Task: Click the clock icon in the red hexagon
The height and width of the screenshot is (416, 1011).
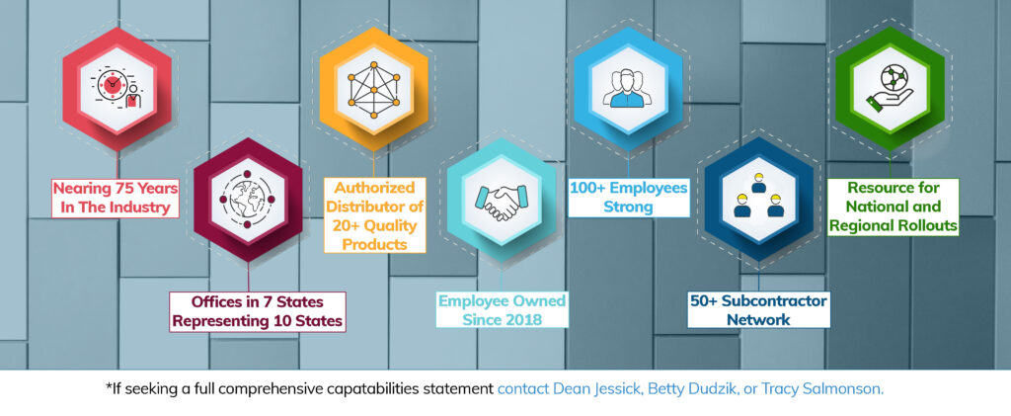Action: (112, 85)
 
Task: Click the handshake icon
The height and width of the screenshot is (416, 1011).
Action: (501, 201)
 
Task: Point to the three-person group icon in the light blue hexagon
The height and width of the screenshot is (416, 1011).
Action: (624, 88)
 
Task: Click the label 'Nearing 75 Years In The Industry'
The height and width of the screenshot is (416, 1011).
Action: (116, 198)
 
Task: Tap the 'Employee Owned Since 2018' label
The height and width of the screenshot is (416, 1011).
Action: (502, 309)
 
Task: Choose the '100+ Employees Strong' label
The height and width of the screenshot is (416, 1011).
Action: (628, 198)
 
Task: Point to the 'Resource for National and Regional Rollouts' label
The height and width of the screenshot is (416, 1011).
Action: (893, 207)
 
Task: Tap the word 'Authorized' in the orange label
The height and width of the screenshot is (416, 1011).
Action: (374, 188)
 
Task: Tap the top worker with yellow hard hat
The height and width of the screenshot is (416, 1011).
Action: (758, 185)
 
